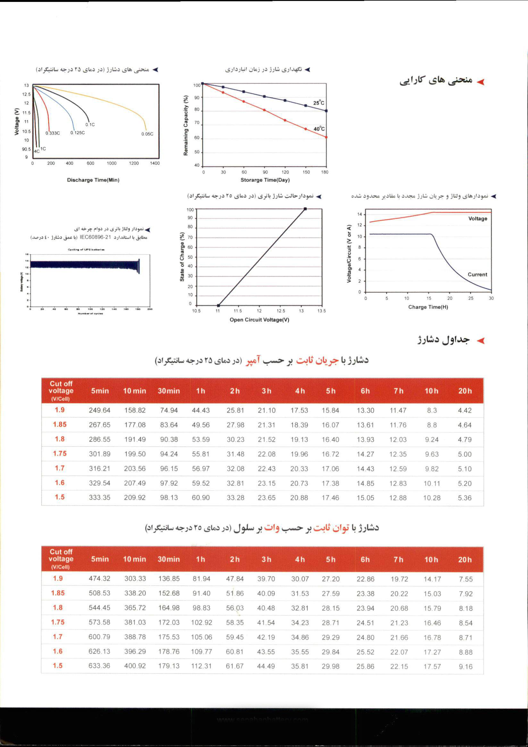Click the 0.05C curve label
(147, 134)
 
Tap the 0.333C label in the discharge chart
(53, 133)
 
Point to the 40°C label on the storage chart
(319, 129)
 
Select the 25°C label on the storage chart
(319, 103)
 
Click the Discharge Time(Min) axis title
(93, 180)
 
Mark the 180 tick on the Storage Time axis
(324, 172)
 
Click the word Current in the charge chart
(477, 274)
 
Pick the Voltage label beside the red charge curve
(478, 218)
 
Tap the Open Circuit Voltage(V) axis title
(259, 320)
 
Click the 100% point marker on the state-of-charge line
(305, 209)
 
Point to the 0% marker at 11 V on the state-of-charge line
(219, 305)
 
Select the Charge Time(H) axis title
(428, 307)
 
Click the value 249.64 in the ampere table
(99, 411)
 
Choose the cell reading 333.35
(99, 498)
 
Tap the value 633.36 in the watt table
(99, 666)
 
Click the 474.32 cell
(99, 578)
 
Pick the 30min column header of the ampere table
(169, 391)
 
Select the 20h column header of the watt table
(465, 560)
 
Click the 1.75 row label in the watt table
(58, 622)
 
